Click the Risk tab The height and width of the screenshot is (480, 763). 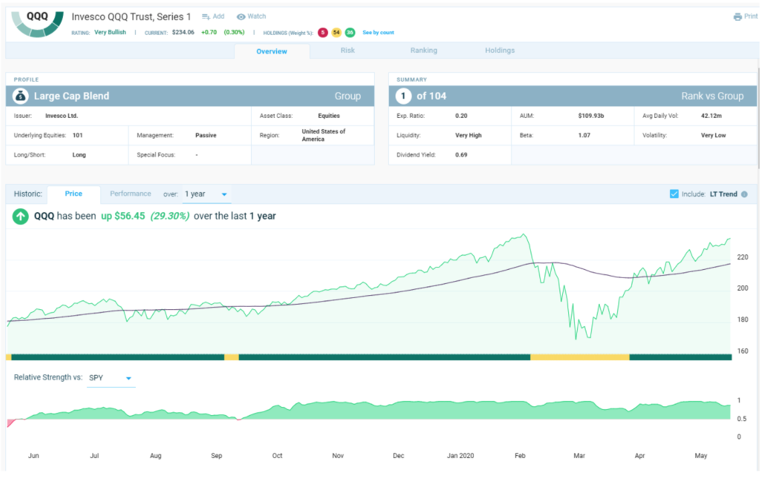click(347, 51)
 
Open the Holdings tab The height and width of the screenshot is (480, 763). click(499, 51)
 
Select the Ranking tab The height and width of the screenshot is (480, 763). click(424, 51)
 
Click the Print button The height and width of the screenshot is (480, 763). click(746, 17)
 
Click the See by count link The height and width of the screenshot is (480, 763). click(378, 33)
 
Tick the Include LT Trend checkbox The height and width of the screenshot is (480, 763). click(674, 194)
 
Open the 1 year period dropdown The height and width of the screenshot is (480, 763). click(206, 194)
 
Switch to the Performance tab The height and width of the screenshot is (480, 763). click(131, 194)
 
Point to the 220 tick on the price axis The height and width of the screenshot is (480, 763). click(742, 257)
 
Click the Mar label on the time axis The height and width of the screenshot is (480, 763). click(579, 456)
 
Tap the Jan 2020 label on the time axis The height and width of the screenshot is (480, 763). click(460, 456)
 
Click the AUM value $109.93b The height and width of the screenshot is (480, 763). click(591, 116)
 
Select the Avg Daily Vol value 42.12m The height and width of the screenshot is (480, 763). click(711, 116)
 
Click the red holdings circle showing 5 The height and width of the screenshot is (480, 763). click(323, 33)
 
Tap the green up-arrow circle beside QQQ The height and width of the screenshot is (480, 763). click(21, 216)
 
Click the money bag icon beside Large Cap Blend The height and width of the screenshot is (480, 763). click(21, 96)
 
